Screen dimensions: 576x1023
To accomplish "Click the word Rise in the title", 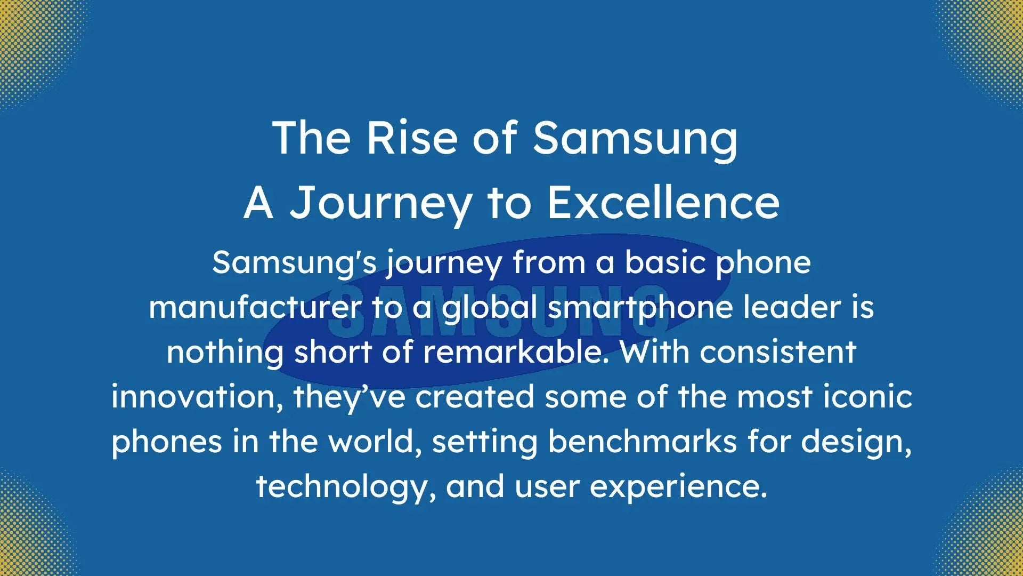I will click(x=411, y=138).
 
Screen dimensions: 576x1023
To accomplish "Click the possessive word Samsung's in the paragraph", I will click(x=294, y=263).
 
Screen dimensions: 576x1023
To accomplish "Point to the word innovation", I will click(x=197, y=397).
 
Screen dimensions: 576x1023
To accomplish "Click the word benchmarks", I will click(x=643, y=442).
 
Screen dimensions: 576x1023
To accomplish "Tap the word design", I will click(x=856, y=442).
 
